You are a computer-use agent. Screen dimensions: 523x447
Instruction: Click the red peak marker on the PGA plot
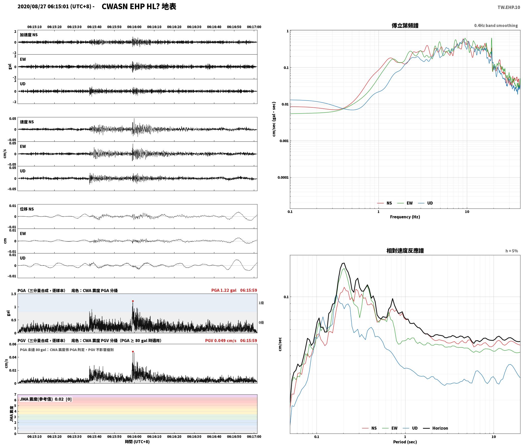133,301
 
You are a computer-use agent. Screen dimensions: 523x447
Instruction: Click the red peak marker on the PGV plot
133,352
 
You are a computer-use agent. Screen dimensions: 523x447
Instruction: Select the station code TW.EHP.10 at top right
509,7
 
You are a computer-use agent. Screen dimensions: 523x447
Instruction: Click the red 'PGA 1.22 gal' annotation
224,290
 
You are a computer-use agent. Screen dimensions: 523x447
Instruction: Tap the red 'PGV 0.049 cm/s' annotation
221,341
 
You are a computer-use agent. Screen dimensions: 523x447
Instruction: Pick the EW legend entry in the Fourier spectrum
405,203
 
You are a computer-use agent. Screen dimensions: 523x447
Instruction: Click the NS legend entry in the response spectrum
369,428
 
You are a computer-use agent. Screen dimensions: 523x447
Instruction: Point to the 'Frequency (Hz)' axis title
405,217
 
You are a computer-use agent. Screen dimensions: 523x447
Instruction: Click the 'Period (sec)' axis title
405,442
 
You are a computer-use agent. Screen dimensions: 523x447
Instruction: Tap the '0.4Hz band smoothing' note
496,26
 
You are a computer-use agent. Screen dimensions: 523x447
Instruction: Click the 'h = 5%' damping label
512,251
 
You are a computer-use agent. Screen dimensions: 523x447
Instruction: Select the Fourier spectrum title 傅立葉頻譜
405,26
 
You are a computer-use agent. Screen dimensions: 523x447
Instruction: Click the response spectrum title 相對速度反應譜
405,251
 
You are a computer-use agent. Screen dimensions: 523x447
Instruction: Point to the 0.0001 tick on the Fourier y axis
283,178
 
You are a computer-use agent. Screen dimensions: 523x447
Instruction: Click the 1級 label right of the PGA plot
261,303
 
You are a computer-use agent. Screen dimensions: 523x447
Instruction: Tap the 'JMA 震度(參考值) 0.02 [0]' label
46,399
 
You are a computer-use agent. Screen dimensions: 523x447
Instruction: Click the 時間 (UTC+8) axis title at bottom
137,442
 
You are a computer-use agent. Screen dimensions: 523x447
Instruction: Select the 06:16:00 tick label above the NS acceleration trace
134,27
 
